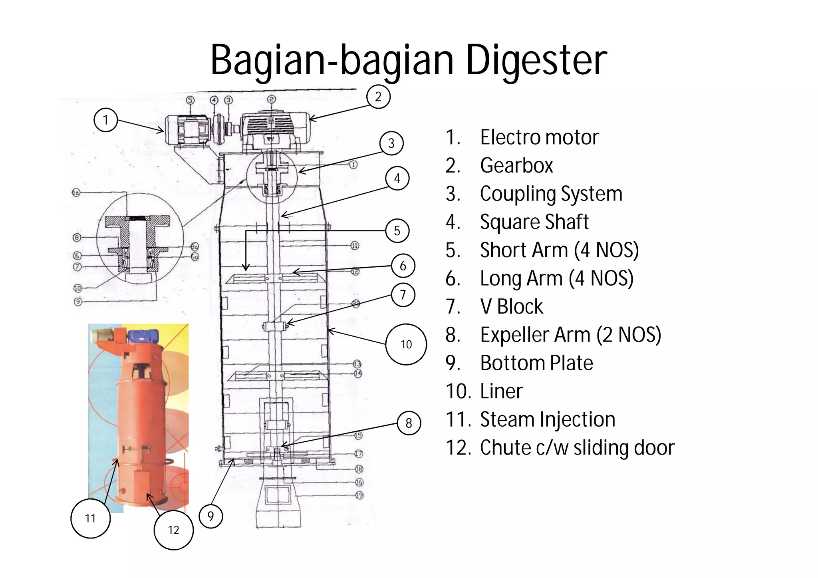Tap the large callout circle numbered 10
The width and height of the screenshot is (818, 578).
(x=406, y=344)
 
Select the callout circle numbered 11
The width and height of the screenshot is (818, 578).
(x=90, y=518)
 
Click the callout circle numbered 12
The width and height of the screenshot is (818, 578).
(x=173, y=530)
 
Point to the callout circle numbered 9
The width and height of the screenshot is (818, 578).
(x=210, y=516)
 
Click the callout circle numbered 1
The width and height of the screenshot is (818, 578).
(x=105, y=120)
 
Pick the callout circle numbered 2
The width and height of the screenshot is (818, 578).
(x=378, y=97)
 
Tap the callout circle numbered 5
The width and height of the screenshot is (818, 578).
(x=397, y=230)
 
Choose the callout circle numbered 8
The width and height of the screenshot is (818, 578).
(x=409, y=423)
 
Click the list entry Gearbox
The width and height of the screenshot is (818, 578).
(x=516, y=165)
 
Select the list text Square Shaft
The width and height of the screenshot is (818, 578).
(x=534, y=222)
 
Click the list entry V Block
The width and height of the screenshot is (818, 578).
(x=511, y=307)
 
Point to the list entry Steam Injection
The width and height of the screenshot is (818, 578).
(x=547, y=419)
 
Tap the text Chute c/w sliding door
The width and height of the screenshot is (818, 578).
(x=577, y=448)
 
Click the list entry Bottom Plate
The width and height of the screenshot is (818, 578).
(x=536, y=363)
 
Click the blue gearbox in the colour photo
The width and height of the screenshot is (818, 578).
(x=142, y=336)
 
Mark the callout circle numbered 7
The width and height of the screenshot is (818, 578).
(x=403, y=295)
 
